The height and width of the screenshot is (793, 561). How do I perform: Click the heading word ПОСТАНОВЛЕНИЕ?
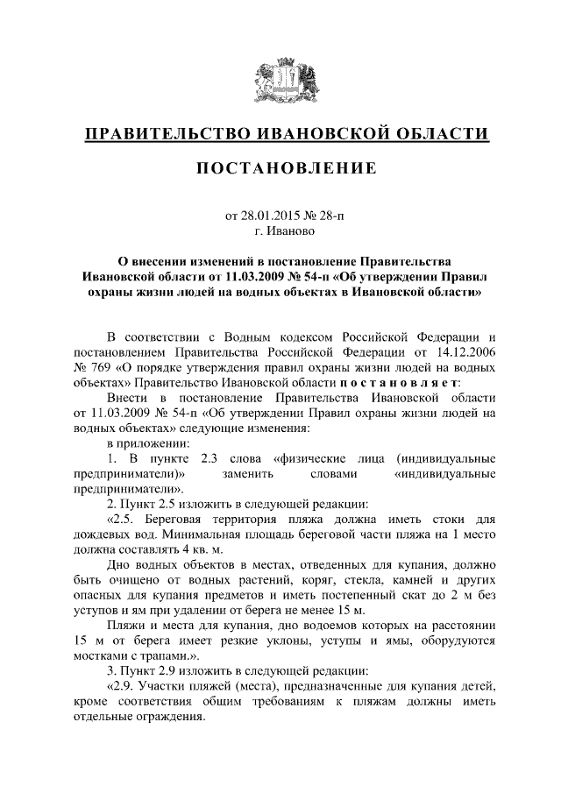[280, 167]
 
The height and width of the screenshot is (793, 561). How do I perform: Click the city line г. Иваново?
[280, 230]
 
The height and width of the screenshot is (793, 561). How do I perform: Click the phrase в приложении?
[143, 443]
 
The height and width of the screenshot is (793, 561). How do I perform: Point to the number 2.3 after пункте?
[203, 458]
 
